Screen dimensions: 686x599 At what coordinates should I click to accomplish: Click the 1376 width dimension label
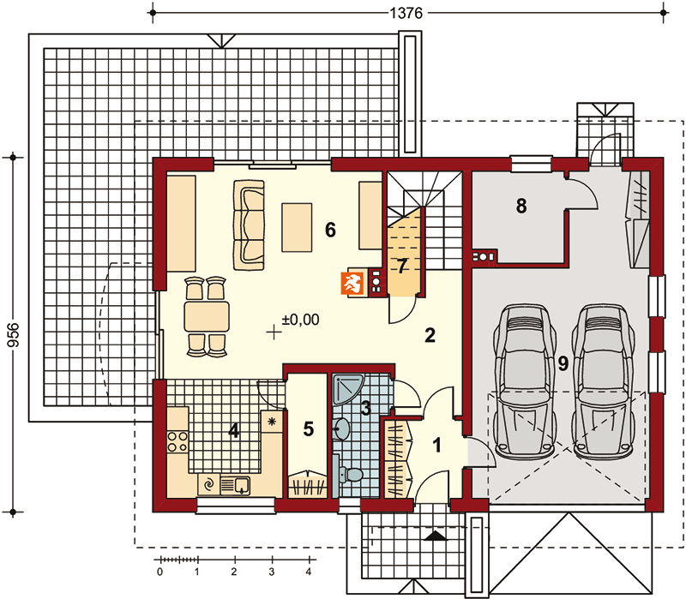coord(406,13)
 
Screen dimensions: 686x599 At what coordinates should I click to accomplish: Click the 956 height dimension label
coord(14,335)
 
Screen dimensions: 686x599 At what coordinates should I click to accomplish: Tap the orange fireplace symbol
coord(352,284)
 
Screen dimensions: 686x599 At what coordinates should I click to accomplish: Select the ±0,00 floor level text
coord(301,320)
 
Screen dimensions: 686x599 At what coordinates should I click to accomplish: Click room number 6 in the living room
coord(330,230)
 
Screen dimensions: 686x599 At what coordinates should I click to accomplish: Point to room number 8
coord(521,206)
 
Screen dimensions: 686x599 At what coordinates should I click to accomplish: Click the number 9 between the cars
coord(563,362)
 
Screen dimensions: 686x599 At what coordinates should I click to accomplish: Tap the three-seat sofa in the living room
coord(249,225)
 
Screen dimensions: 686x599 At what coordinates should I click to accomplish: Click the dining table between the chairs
coord(207,315)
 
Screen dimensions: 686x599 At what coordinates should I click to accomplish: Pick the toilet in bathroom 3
coord(351,475)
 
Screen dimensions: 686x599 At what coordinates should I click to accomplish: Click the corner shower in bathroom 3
coord(347,387)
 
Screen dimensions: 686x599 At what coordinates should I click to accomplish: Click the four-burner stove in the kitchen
coord(178,441)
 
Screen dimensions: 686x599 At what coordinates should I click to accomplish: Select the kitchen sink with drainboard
coord(235,485)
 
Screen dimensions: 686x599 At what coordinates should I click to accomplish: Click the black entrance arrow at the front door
coord(436,536)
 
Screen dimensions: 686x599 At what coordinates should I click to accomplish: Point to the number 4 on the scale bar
coord(309,572)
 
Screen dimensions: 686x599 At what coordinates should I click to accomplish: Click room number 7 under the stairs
coord(402,266)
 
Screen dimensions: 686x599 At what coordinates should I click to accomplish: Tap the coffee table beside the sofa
coord(297,227)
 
